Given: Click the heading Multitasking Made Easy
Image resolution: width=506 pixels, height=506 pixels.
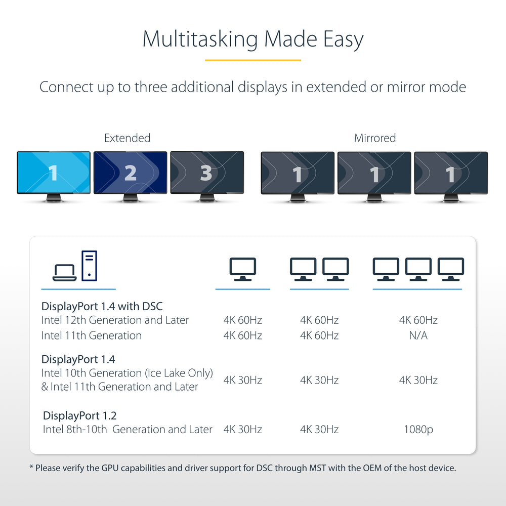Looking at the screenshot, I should [253, 39].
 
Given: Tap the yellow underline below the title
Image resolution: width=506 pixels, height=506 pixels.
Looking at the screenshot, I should [253, 60].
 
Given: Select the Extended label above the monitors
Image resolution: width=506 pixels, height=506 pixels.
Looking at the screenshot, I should [127, 138].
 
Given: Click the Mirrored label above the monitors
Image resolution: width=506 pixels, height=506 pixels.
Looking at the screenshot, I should [375, 138].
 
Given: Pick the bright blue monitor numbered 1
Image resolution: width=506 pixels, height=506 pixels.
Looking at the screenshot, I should [54, 173].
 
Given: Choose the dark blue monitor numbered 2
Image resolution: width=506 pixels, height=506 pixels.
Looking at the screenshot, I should [130, 173].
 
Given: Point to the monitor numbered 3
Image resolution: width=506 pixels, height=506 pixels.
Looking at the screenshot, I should [206, 173].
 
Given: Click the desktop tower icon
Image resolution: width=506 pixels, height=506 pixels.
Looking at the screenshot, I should [89, 266].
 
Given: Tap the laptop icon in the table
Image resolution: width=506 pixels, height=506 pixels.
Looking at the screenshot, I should [64, 273].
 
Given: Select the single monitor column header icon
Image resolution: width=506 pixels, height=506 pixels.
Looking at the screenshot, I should [243, 269].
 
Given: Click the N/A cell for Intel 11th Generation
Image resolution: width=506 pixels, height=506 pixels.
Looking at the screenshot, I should [418, 335].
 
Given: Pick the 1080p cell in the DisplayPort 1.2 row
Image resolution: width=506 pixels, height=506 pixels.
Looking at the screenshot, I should [418, 430].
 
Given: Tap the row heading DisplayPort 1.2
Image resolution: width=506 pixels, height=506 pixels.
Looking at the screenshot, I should [80, 416].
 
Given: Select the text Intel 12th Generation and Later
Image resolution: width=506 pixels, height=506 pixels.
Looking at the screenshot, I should [115, 320].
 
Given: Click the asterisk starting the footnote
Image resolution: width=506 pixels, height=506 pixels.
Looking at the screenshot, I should [31, 467].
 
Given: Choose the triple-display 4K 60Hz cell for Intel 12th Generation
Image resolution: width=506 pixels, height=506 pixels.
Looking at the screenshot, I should [418, 320].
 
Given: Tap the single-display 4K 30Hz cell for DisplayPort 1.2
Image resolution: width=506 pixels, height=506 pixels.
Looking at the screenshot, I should [243, 430].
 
